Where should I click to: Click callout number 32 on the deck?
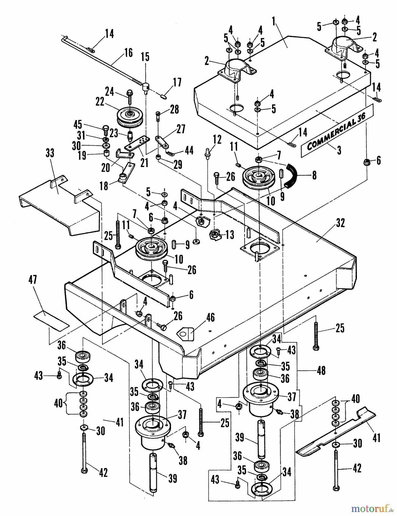tap(340, 223)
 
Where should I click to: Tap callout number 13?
tap(229, 235)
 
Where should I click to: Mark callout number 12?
tap(217, 140)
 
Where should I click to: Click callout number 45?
tap(78, 125)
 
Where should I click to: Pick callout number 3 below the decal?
tap(339, 150)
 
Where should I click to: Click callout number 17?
tap(177, 83)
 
